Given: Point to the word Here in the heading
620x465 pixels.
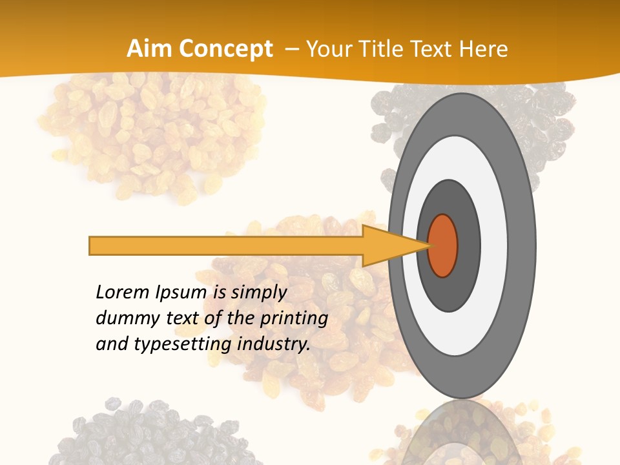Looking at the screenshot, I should pos(484,49).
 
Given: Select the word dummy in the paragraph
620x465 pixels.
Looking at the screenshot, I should pos(123,318).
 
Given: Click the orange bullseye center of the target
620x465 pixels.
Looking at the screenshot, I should pos(443,245).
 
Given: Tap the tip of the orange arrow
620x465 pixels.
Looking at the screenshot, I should pos(428,245).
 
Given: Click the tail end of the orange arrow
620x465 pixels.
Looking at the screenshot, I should pos(92,245).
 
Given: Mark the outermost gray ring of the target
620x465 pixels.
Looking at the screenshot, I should pos(523,245).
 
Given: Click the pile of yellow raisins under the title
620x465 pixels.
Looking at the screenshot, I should pos(152,136).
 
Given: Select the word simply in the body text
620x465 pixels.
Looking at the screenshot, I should pos(258,292).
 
